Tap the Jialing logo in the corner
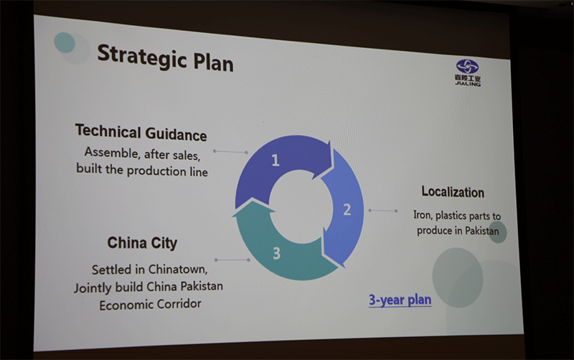point(468,72)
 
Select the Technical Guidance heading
point(141,133)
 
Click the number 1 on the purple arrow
point(276,160)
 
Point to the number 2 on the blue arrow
point(347,209)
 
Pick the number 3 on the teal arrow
point(277,253)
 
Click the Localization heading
point(453,191)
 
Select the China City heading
point(142,243)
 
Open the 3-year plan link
point(400,300)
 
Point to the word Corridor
point(180,303)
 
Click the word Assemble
point(111,152)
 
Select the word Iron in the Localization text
point(423,215)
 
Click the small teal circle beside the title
point(65,42)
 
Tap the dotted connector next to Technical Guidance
point(230,151)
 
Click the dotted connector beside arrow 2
point(383,210)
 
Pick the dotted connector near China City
point(232,260)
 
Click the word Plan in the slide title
point(213,62)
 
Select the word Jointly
point(93,288)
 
